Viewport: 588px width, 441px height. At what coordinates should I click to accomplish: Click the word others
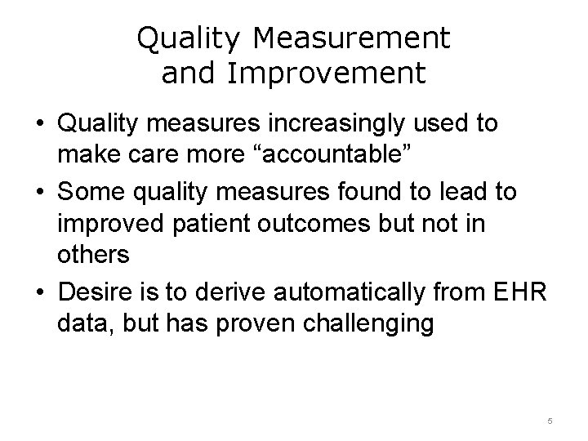93,254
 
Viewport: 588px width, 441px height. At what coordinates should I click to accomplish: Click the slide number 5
550,421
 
